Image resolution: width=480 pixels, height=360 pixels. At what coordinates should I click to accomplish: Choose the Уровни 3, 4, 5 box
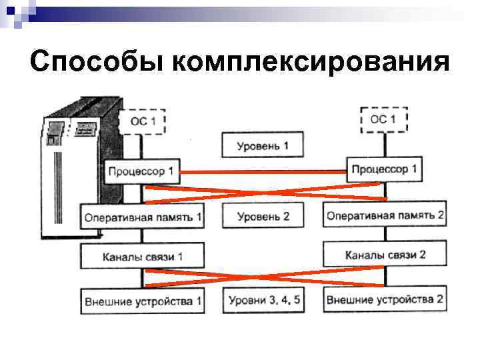[x=264, y=301]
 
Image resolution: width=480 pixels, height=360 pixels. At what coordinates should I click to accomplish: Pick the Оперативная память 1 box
[x=143, y=216]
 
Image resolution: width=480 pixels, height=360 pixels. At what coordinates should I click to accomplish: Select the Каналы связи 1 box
[x=143, y=256]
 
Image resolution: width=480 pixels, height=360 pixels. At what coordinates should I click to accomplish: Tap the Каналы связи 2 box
[x=385, y=254]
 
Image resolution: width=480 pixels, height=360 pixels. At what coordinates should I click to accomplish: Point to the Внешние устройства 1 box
[x=143, y=301]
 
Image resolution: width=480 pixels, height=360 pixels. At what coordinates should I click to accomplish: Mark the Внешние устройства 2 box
[x=385, y=299]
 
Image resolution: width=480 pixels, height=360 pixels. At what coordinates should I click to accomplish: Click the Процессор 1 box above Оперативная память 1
[x=142, y=172]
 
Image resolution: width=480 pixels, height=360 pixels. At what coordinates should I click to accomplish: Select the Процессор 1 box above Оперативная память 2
[x=384, y=169]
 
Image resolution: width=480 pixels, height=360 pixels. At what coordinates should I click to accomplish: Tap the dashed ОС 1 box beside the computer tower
[x=141, y=122]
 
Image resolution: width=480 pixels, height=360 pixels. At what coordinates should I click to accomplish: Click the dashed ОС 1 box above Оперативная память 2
[x=383, y=119]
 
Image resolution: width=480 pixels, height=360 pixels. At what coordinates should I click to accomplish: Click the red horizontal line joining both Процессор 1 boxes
[x=263, y=172]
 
